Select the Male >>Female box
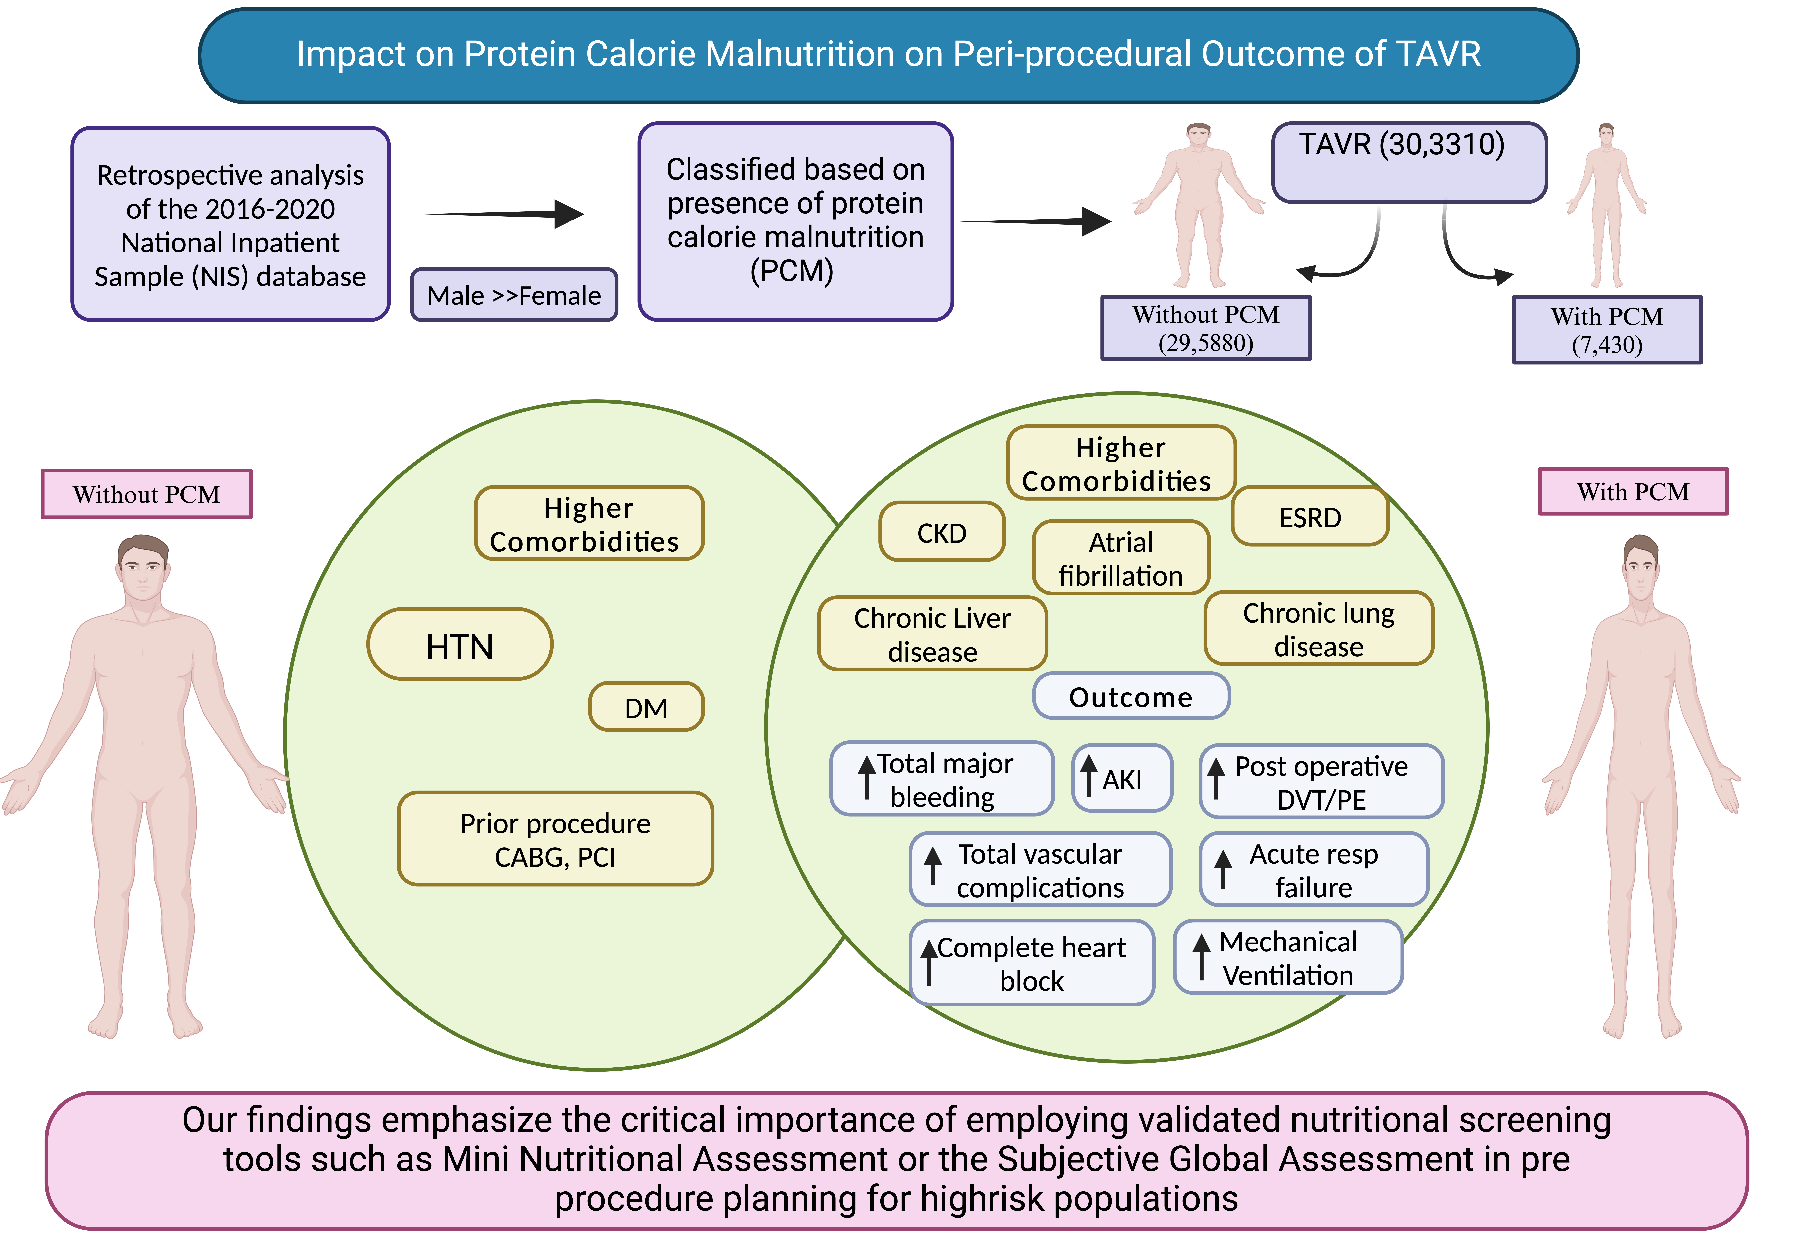pyautogui.click(x=514, y=295)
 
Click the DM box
pyautogui.click(x=646, y=707)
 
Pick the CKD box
pyautogui.click(x=941, y=532)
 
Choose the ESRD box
pyautogui.click(x=1310, y=517)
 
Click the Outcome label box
pyautogui.click(x=1131, y=696)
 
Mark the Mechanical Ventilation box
pyautogui.click(x=1288, y=957)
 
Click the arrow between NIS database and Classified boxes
pyautogui.click(x=504, y=213)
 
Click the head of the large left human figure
pyautogui.click(x=143, y=568)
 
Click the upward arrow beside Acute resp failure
pyautogui.click(x=1223, y=868)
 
